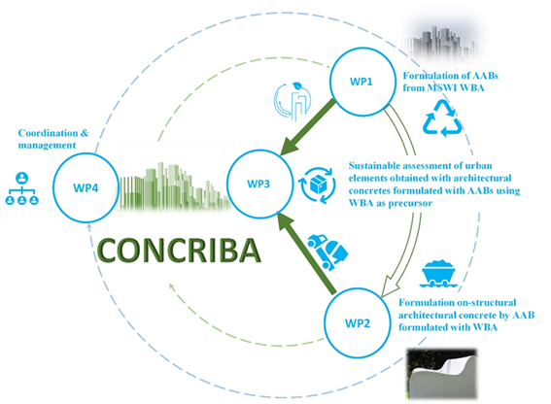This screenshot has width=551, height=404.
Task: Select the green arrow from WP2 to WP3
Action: [306, 252]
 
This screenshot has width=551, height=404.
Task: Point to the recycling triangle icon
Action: [442, 118]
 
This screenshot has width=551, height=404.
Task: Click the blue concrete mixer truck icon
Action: [327, 252]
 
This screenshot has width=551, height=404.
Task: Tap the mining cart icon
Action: [438, 273]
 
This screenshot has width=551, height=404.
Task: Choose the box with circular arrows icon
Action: [318, 185]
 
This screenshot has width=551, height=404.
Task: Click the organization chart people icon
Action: [21, 188]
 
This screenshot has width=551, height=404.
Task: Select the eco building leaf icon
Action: [293, 101]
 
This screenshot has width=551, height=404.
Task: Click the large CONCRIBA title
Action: [179, 251]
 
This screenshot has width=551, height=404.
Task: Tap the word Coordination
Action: [49, 133]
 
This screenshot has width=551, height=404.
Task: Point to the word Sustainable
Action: [373, 165]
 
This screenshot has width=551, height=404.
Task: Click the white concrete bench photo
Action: [442, 374]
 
